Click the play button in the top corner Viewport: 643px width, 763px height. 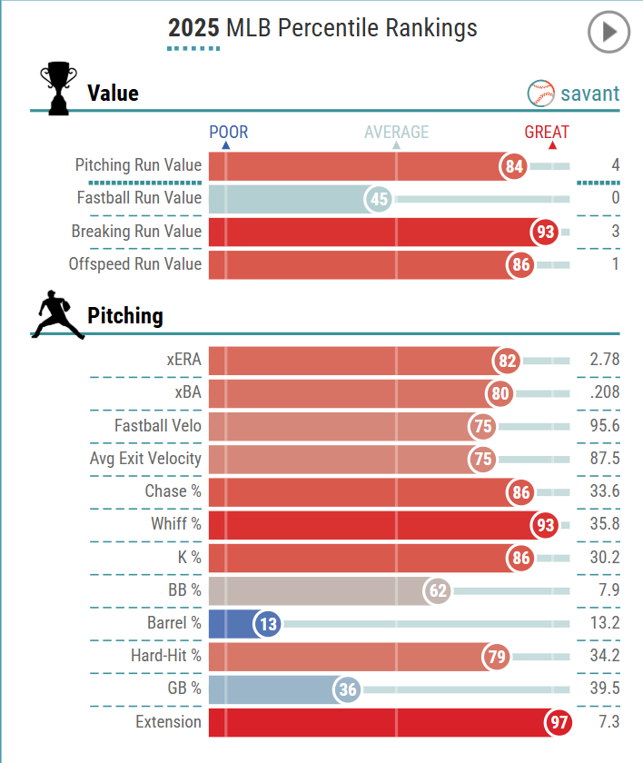608,33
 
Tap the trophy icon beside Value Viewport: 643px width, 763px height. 59,88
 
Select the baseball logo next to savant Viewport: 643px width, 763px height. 541,93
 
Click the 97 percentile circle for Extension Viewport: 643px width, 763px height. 558,723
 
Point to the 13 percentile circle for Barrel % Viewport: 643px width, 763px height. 268,624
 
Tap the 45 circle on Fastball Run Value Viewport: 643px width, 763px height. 380,199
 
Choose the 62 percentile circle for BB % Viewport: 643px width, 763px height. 438,591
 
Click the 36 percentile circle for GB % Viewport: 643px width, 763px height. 347,689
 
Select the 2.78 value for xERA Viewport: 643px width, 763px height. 604,360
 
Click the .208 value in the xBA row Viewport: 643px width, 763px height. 604,393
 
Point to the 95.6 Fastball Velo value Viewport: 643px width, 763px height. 604,426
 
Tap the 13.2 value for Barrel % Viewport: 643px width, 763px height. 604,623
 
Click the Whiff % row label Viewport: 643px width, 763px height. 176,524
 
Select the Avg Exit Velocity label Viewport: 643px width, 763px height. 145,459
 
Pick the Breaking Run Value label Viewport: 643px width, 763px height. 136,232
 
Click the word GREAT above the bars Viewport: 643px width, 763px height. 547,133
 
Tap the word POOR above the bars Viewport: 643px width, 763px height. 228,133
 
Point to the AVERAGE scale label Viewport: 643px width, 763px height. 396,133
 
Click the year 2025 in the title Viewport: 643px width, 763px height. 193,29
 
